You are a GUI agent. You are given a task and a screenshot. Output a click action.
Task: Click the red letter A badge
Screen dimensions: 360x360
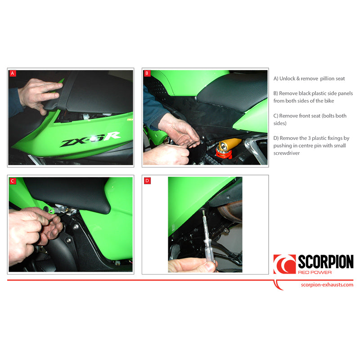point(13,73)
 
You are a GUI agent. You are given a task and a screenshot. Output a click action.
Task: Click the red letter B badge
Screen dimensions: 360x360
point(147,73)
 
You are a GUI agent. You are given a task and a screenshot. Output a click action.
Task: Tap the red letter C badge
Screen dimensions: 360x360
point(13,181)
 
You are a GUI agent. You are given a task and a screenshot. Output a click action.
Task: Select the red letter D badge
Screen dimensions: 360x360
point(147,181)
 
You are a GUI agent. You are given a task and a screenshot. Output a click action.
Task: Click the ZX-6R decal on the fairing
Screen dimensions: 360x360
point(90,139)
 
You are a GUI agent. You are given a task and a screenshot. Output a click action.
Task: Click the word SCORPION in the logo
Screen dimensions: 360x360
point(325,262)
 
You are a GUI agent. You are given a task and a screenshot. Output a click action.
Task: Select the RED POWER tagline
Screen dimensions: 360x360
point(315,272)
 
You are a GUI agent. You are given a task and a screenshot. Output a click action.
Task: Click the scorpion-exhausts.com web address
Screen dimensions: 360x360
point(327,285)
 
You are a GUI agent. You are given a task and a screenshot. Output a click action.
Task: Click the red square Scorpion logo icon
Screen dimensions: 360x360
point(284,264)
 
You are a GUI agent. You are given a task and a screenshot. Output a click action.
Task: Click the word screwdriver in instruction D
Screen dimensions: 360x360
point(287,153)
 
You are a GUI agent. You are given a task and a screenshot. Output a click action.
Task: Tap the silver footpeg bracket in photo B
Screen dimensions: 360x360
point(255,149)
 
